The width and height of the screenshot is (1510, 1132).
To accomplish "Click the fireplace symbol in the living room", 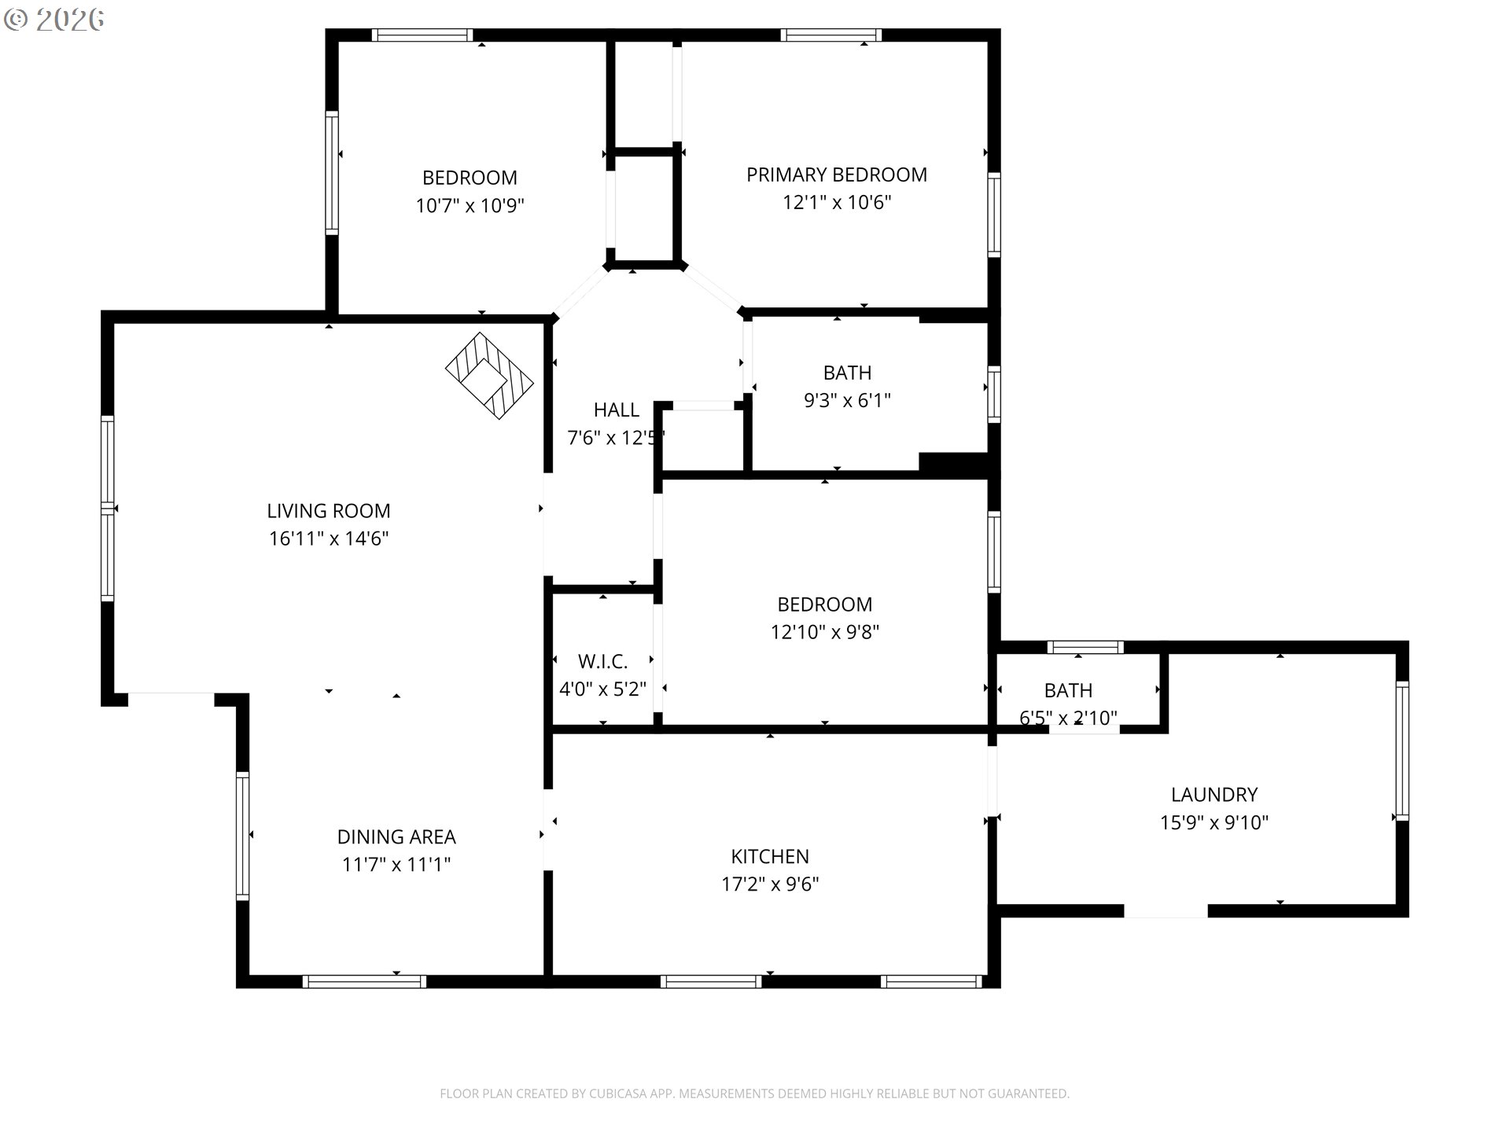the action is [x=489, y=376].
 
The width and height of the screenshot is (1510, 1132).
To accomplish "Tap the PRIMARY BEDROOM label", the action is [x=837, y=175].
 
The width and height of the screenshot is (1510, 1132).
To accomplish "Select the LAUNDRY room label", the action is [x=1214, y=795].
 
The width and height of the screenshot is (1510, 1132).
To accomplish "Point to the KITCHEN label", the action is [x=770, y=856].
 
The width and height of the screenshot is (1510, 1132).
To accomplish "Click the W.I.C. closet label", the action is [x=603, y=661].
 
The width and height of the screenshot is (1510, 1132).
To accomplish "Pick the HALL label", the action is [x=617, y=410].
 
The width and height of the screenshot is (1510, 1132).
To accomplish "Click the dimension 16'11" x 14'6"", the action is [x=329, y=538].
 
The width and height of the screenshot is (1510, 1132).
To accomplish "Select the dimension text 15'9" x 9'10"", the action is [x=1214, y=822].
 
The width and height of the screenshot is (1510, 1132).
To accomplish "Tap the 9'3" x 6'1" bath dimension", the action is [x=847, y=400].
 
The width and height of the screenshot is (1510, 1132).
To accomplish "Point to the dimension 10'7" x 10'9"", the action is [x=470, y=205].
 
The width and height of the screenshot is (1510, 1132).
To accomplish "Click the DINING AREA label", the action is [x=396, y=836].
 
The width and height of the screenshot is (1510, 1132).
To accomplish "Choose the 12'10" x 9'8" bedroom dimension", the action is [x=825, y=632].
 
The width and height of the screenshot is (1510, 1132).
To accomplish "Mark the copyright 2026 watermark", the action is [x=53, y=20].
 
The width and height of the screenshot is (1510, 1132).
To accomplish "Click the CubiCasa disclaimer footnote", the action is [x=754, y=1093].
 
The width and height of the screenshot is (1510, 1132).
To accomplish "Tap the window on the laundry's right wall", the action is [x=1401, y=751].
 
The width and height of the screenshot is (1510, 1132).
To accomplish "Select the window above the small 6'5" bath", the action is [x=1085, y=648].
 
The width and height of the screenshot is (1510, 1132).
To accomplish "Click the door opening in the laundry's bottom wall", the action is [x=1166, y=911].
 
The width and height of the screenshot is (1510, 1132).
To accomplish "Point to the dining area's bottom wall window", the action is [x=364, y=981].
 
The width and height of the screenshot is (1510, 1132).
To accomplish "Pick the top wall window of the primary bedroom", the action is [x=831, y=35].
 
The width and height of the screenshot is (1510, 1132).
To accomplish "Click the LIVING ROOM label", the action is [x=329, y=511].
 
